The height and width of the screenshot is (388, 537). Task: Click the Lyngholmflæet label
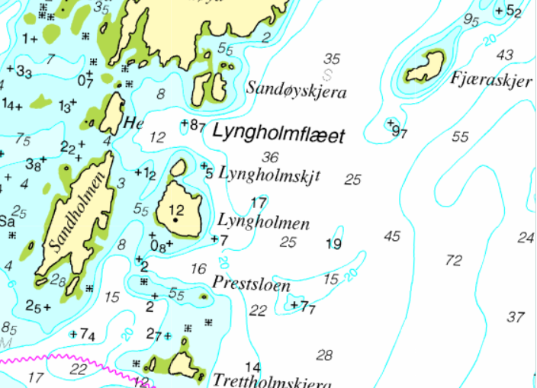pyautogui.click(x=278, y=134)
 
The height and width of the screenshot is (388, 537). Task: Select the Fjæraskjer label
pyautogui.click(x=490, y=79)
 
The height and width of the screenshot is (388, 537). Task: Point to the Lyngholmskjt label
pyautogui.click(x=269, y=175)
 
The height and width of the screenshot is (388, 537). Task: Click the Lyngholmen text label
pyautogui.click(x=263, y=223)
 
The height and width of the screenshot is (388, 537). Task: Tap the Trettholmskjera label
pyautogui.click(x=272, y=380)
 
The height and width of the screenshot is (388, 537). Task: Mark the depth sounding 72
pyautogui.click(x=453, y=261)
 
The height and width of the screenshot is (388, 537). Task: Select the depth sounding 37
pyautogui.click(x=516, y=316)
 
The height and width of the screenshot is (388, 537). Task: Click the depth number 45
pyautogui.click(x=391, y=236)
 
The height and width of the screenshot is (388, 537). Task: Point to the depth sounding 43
pyautogui.click(x=504, y=55)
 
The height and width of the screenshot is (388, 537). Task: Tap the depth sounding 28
pyautogui.click(x=324, y=354)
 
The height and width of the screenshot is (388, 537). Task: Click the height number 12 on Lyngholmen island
pyautogui.click(x=176, y=210)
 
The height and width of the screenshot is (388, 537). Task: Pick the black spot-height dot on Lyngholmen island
pyautogui.click(x=176, y=220)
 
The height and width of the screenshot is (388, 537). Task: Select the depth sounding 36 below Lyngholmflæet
pyautogui.click(x=270, y=157)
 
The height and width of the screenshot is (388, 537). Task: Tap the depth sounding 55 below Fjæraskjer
pyautogui.click(x=459, y=137)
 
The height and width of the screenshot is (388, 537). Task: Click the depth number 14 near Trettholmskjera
pyautogui.click(x=252, y=367)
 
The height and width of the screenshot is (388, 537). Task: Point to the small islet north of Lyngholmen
pyautogui.click(x=178, y=167)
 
